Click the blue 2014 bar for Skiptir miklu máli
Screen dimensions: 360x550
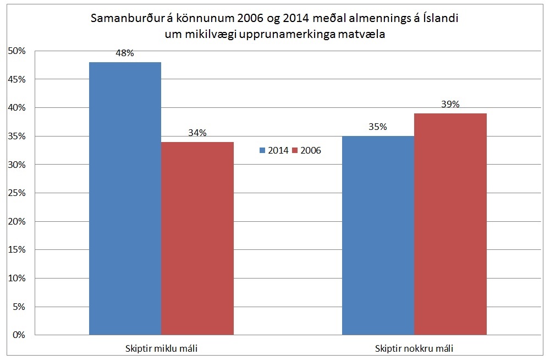125,198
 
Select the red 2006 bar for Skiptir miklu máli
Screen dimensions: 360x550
197,238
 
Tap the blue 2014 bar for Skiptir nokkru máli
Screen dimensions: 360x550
378,235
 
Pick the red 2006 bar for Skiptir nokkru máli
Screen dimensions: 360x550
450,224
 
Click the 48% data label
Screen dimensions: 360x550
125,53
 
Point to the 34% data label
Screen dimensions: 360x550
197,133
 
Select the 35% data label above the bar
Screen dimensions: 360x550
378,127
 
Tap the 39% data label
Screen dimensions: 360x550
450,104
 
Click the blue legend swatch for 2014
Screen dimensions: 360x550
262,150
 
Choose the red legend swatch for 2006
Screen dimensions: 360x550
294,150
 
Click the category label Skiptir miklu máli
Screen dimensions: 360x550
161,348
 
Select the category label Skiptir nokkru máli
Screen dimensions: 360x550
414,348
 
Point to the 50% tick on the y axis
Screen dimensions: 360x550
16,51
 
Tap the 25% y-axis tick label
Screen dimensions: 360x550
16,193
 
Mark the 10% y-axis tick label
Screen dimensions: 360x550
16,278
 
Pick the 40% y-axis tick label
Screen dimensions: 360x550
16,108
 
